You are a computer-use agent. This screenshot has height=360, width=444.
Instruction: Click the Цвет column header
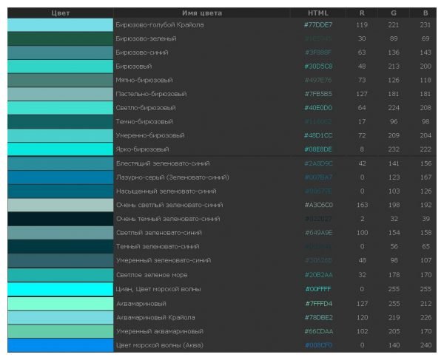pyautogui.click(x=60, y=13)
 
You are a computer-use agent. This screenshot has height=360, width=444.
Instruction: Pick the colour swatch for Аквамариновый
pyautogui.click(x=60, y=303)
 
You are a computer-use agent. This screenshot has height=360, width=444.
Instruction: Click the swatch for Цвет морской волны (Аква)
pyautogui.click(x=60, y=344)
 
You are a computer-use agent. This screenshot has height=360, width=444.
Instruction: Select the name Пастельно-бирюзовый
pyautogui.click(x=151, y=94)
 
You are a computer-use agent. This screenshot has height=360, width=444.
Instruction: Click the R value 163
pyautogui.click(x=362, y=205)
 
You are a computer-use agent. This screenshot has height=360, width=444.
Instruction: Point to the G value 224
pyautogui.click(x=393, y=107)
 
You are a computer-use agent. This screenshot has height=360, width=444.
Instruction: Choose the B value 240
pyautogui.click(x=425, y=344)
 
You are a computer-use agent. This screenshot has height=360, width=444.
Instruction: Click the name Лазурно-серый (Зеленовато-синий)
pyautogui.click(x=172, y=177)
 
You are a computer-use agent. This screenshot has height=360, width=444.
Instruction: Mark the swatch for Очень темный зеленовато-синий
pyautogui.click(x=60, y=219)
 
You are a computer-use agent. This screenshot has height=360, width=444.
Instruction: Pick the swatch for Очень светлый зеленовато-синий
pyautogui.click(x=60, y=205)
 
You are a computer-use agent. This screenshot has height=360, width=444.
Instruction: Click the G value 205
pyautogui.click(x=393, y=331)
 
